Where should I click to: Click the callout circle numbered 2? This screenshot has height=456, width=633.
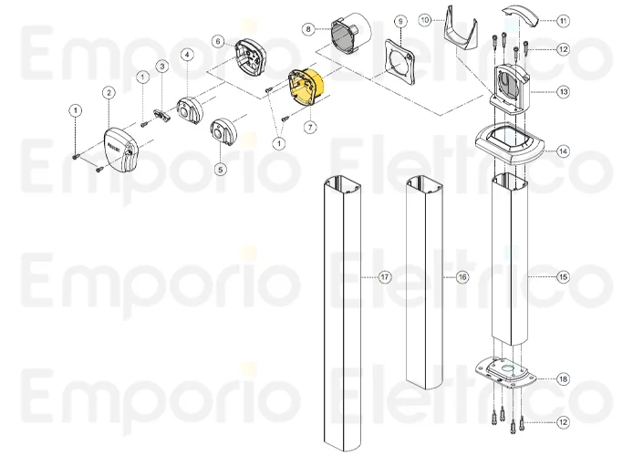click(x=109, y=92)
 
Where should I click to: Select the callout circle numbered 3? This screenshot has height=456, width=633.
click(x=161, y=66)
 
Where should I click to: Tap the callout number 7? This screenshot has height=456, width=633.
click(x=309, y=127)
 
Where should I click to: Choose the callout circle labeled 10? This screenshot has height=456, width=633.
click(x=424, y=19)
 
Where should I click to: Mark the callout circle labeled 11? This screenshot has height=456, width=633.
click(x=563, y=19)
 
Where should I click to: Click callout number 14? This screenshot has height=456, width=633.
click(x=563, y=151)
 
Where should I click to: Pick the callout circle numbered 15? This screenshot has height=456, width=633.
click(x=563, y=275)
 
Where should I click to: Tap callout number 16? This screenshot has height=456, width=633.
click(x=462, y=275)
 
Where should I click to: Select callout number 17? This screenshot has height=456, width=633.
click(x=385, y=275)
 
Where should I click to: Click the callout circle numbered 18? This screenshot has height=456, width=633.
click(x=563, y=378)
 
